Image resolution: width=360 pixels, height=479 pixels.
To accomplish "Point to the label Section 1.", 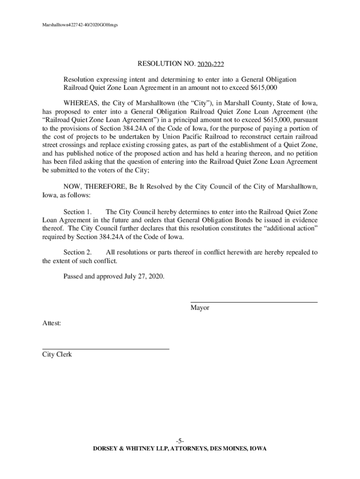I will (x=77, y=211).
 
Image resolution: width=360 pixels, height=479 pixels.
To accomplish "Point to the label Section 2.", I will (x=77, y=252).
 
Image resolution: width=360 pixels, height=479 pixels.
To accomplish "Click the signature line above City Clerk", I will (x=106, y=349).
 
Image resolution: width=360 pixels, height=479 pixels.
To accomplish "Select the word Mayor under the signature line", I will (x=200, y=308).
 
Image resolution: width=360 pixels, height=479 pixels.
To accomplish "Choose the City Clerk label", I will (x=57, y=355).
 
